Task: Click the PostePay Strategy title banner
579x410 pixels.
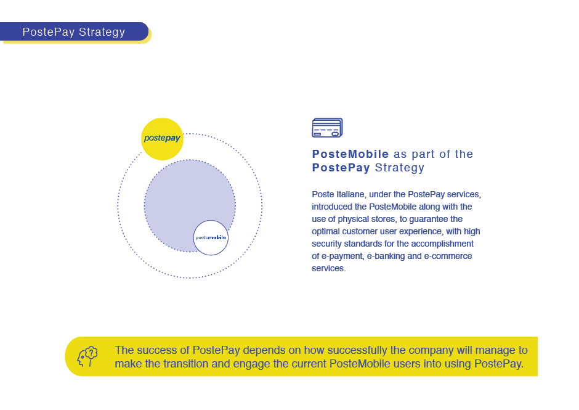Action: click(74, 32)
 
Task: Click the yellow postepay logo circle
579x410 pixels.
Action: click(163, 139)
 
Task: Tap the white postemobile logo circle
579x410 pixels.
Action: click(211, 237)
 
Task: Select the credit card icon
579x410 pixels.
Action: click(327, 128)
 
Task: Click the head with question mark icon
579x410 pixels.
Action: click(87, 356)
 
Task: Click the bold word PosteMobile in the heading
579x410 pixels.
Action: click(350, 154)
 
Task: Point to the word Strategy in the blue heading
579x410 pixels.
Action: click(400, 168)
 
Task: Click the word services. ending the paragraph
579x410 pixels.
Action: click(329, 268)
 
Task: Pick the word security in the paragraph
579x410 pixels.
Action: click(330, 244)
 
